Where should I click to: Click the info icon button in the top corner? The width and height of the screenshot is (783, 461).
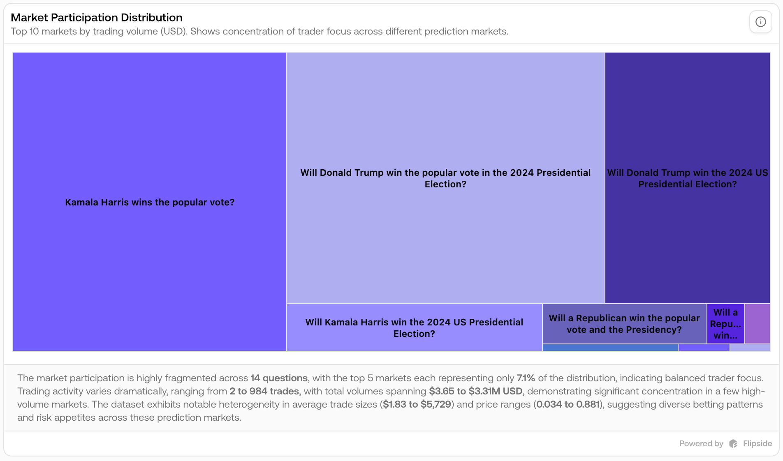click(x=760, y=22)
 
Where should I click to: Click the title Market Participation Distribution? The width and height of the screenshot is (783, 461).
click(x=97, y=18)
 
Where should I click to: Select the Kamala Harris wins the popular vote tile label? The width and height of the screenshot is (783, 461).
click(x=150, y=202)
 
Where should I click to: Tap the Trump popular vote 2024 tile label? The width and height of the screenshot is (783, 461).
click(x=445, y=178)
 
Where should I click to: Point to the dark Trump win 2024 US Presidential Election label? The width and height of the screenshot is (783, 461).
click(x=687, y=178)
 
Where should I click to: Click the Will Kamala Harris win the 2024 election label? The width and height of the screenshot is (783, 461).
click(x=414, y=328)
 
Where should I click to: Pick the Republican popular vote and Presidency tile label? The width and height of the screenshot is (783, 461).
click(x=624, y=324)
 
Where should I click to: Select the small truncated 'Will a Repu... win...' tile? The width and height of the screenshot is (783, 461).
click(x=725, y=324)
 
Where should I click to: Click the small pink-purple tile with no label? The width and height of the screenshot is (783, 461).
click(x=758, y=324)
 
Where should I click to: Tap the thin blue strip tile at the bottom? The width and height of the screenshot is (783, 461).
click(x=610, y=348)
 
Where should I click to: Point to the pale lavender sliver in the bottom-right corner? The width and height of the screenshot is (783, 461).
click(x=750, y=348)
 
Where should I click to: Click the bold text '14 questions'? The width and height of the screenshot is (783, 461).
click(x=279, y=378)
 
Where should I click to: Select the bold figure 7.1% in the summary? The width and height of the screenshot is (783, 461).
click(x=526, y=378)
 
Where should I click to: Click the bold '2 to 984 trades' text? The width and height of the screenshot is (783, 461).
click(x=264, y=391)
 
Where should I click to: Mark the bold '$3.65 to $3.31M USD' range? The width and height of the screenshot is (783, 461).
click(x=475, y=391)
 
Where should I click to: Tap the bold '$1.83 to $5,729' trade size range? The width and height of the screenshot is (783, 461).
click(x=417, y=404)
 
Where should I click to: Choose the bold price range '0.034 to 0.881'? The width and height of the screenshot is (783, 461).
click(x=568, y=404)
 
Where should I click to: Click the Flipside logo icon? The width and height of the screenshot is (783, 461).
click(x=733, y=444)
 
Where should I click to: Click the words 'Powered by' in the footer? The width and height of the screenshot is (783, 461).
click(x=701, y=444)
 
